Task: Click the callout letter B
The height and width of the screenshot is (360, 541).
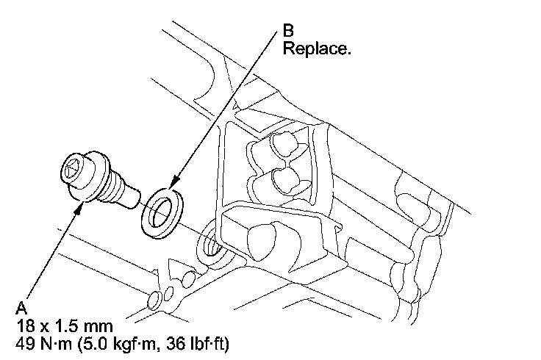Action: (x=289, y=32)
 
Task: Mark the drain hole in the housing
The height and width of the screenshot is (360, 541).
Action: (x=209, y=240)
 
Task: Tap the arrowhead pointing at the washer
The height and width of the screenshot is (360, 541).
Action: (x=174, y=186)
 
